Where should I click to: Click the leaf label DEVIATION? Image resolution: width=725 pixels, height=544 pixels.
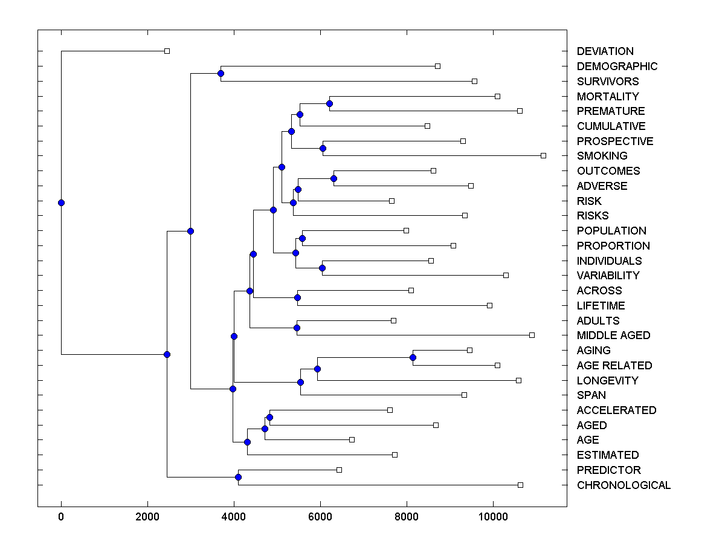tap(605, 51)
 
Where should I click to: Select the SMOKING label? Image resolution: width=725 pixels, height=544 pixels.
tap(602, 156)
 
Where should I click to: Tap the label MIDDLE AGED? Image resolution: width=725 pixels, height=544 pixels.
tap(613, 335)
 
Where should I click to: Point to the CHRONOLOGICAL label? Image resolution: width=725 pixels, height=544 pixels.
tap(623, 485)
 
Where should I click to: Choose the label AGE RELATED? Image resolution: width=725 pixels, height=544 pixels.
tap(614, 366)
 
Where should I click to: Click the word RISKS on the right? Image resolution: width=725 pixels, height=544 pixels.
tap(593, 216)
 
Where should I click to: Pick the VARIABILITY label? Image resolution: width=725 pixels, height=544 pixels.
tap(608, 276)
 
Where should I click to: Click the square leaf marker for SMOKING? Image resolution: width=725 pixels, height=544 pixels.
tap(543, 156)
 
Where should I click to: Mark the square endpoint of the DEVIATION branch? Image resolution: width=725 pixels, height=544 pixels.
tap(167, 51)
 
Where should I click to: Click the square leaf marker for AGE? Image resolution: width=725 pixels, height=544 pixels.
tap(352, 439)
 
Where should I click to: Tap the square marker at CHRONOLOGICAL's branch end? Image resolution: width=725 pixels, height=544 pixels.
tap(520, 485)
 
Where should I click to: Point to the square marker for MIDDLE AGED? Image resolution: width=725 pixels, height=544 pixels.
tap(532, 335)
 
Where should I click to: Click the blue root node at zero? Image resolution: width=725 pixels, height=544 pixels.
tap(61, 202)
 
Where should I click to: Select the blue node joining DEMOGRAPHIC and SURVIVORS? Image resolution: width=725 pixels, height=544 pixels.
tap(221, 73)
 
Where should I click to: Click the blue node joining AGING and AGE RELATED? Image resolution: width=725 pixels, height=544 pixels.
tap(413, 357)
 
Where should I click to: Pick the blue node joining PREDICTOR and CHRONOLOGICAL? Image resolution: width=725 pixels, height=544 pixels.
tap(238, 477)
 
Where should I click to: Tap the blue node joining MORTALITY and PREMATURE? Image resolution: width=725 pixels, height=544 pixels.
tap(329, 103)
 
